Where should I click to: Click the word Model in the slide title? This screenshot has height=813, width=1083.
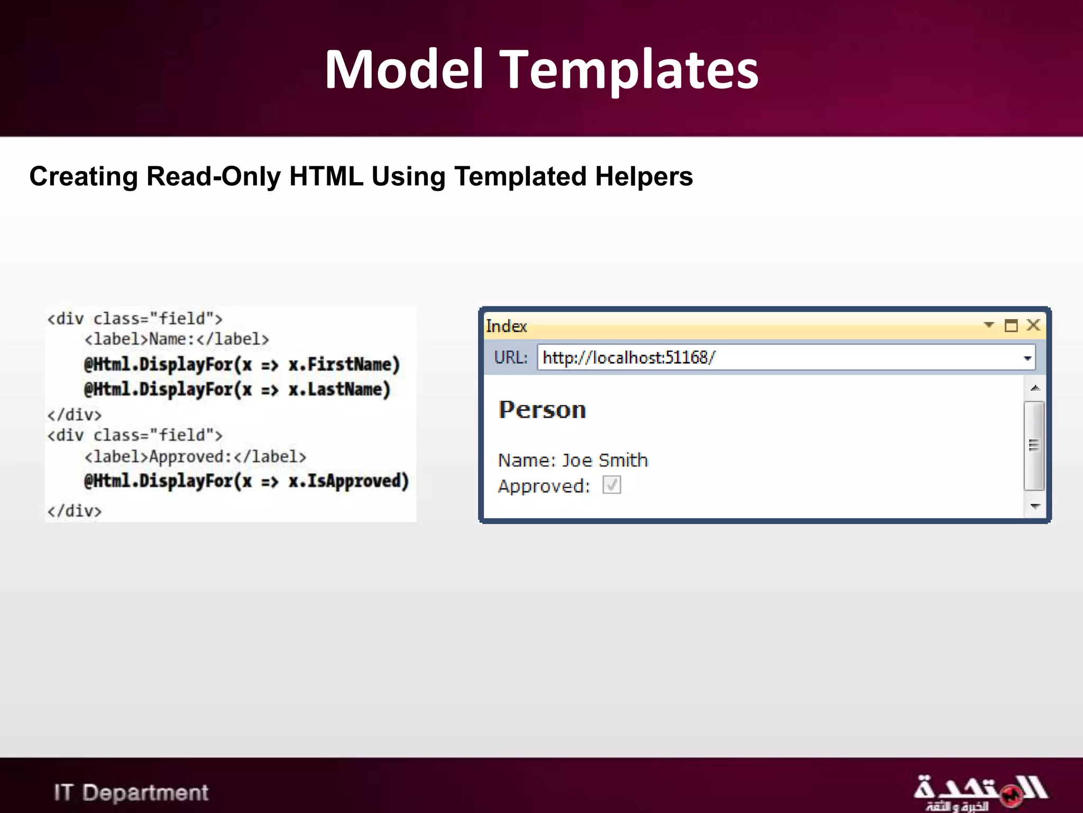(x=405, y=69)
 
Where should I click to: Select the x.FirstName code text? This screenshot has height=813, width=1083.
(x=344, y=364)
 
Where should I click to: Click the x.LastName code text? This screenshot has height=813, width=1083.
(x=339, y=390)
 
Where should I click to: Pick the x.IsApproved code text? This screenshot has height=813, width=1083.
(x=348, y=481)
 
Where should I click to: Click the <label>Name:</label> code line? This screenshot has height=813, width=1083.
(x=177, y=339)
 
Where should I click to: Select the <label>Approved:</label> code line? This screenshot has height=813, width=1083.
(x=195, y=456)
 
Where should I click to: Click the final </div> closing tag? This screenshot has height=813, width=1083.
(x=74, y=511)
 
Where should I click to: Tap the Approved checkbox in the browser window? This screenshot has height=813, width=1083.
(x=612, y=485)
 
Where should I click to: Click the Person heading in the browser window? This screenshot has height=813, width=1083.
(x=542, y=410)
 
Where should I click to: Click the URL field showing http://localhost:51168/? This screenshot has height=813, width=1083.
(x=777, y=358)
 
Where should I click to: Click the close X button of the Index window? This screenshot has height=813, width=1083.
(x=1033, y=325)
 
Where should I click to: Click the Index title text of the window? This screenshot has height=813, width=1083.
(x=506, y=326)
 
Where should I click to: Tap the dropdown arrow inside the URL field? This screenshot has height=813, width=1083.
(x=1027, y=358)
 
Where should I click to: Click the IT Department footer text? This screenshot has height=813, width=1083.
(x=131, y=792)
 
